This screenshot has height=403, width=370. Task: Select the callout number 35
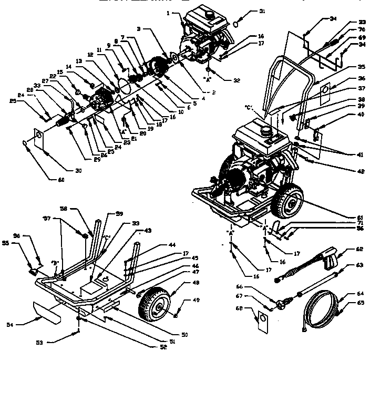[x=346, y=67]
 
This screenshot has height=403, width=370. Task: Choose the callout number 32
[x=236, y=80]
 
